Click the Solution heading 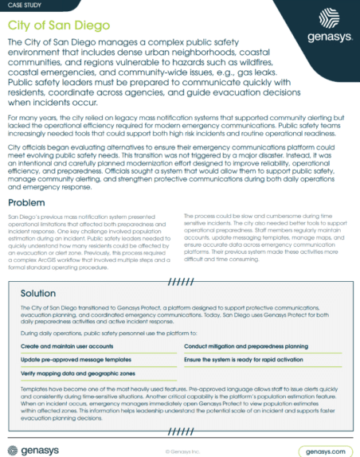pyautogui.click(x=38, y=293)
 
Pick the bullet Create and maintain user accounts pyautogui.click(x=66, y=347)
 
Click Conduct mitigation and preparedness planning pyautogui.click(x=246, y=347)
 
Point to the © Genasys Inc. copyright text pyautogui.click(x=179, y=450)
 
